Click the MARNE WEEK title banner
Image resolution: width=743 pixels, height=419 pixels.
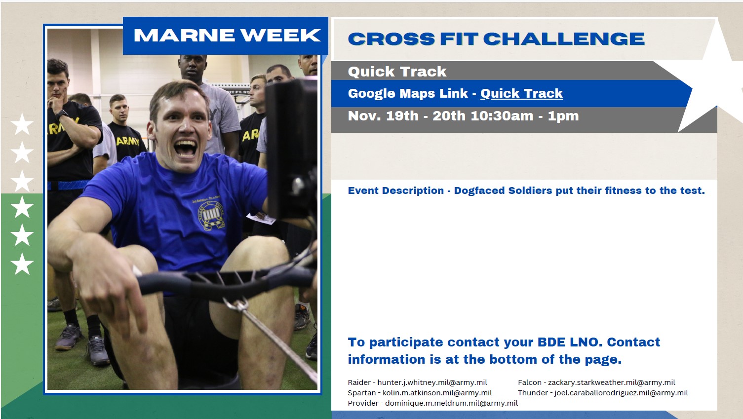[x=226, y=36]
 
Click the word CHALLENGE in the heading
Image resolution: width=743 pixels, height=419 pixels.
[x=564, y=39]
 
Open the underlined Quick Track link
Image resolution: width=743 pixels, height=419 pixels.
[x=521, y=93]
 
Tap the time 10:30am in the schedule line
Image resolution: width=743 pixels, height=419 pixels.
[x=502, y=116]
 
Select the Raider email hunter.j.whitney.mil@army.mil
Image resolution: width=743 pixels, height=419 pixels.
[x=432, y=382]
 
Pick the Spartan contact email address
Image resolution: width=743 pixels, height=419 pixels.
[x=437, y=393]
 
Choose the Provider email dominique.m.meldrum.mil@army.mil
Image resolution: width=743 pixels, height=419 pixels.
[x=451, y=403]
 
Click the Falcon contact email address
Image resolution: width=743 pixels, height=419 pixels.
[x=611, y=382]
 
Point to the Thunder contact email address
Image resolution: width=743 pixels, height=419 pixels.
[x=621, y=393]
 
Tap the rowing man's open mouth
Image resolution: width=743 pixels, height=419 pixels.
[x=186, y=149]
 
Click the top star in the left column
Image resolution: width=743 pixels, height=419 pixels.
[x=22, y=124]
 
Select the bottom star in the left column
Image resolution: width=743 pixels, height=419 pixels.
[x=22, y=264]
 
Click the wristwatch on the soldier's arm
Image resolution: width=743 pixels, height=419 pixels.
[x=62, y=114]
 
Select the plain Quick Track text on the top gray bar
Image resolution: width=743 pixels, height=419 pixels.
[x=397, y=72]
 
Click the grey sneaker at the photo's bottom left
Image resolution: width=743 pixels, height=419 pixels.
[x=69, y=337]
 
